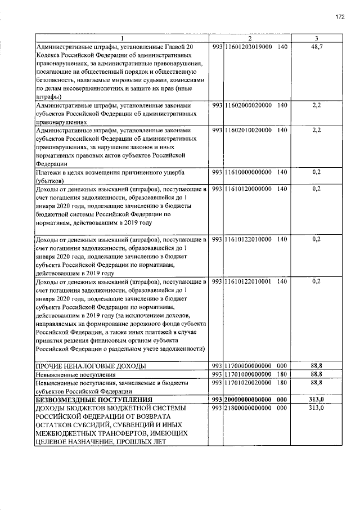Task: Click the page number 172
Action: (x=340, y=17)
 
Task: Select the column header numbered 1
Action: (x=121, y=38)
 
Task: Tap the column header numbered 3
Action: (x=316, y=38)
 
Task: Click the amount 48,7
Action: (x=316, y=46)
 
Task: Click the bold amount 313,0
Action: (x=316, y=399)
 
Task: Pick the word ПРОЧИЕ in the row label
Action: (x=49, y=366)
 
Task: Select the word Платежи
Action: (x=49, y=172)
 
